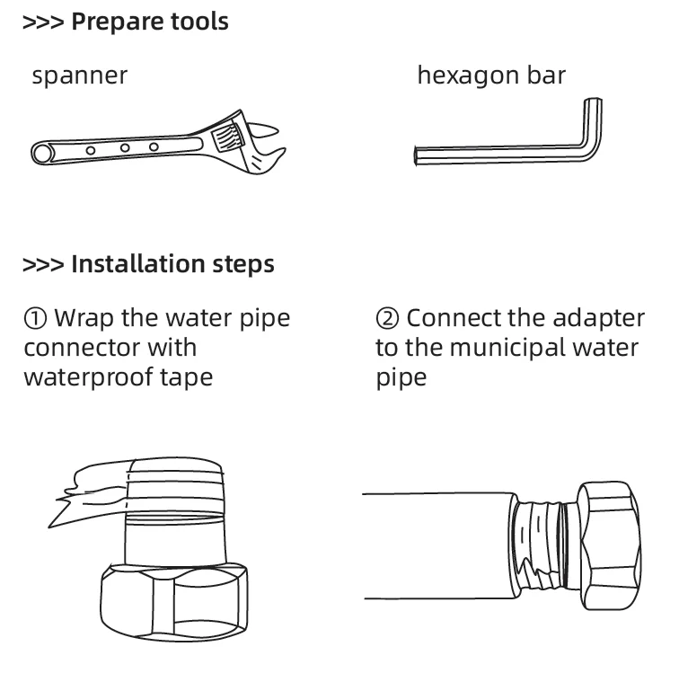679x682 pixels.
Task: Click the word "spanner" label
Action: click(x=79, y=76)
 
